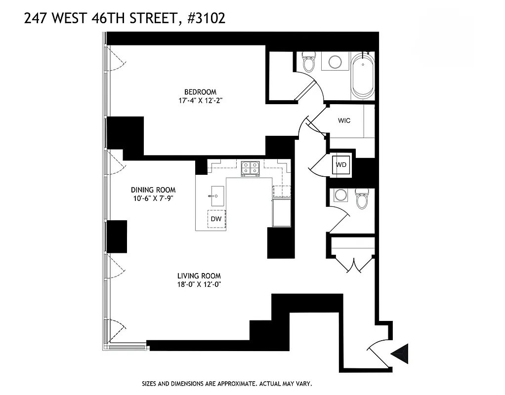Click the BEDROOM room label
coord(200,92)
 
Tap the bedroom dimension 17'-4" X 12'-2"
coord(200,101)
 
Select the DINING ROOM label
coord(153,190)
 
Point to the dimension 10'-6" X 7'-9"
coord(153,198)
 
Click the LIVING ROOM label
coord(199,276)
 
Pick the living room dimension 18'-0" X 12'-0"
coord(199,284)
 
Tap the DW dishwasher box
coord(216,218)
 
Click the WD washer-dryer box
coord(341,165)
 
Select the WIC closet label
coord(344,120)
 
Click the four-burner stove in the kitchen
coord(251,168)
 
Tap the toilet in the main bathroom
coord(309,62)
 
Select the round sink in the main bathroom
coord(335,62)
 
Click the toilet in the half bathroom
coord(362,198)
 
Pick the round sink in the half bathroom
coord(340,195)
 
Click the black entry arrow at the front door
coord(400,353)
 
